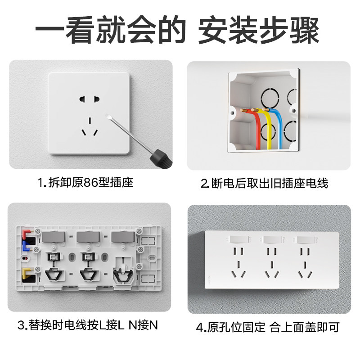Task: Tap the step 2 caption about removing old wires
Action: coord(264,183)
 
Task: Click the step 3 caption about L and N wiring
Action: coord(88,325)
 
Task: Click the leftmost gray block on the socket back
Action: coord(54,238)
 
